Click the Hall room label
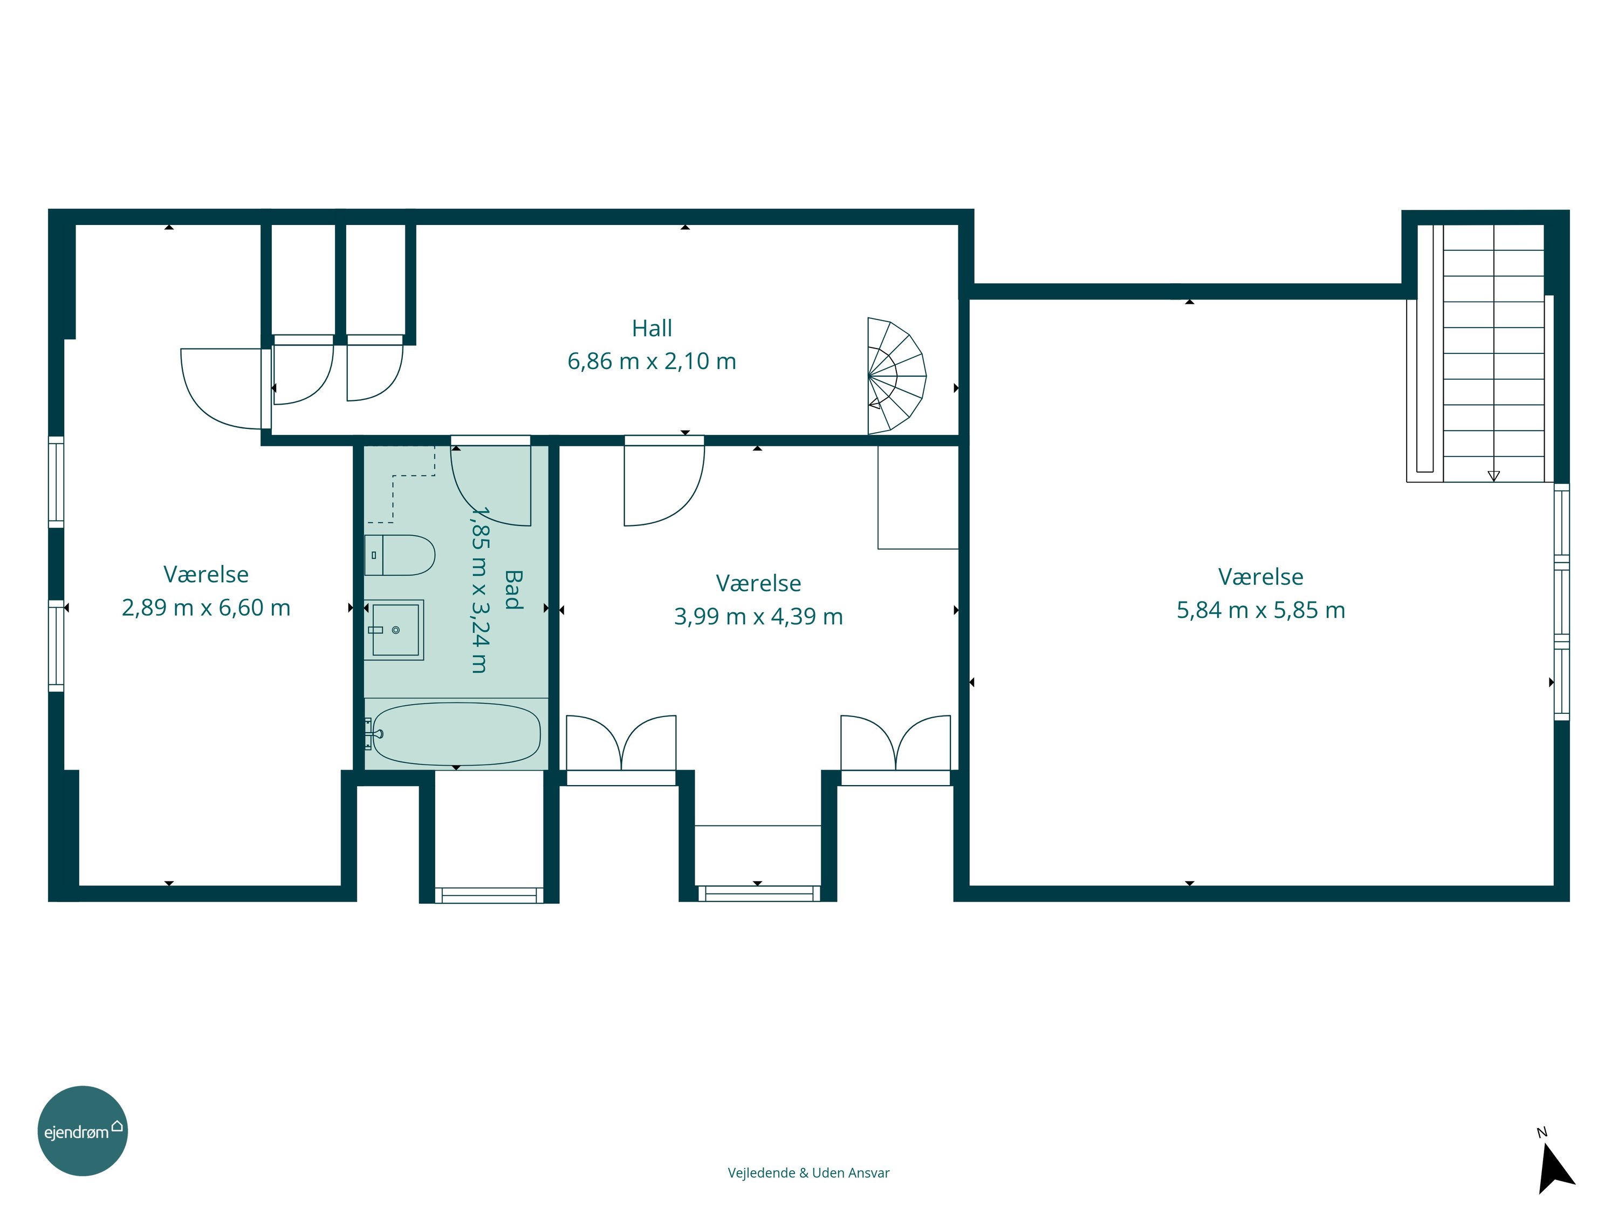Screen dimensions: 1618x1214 tap(652, 329)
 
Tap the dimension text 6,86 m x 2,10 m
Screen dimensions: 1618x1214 tap(652, 362)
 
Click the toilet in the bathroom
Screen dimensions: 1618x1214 tap(400, 555)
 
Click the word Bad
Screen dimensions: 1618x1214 tap(513, 590)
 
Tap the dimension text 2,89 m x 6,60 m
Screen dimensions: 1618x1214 tap(206, 608)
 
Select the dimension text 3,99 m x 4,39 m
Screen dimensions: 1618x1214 tap(758, 617)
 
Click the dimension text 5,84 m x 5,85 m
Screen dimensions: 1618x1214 tap(1261, 610)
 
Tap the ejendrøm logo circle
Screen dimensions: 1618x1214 tap(83, 1130)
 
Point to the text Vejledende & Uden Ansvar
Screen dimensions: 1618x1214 tap(808, 1173)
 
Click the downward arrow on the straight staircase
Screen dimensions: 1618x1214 tap(1493, 476)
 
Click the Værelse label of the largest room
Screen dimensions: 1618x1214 tap(1261, 577)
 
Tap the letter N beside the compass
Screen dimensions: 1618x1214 tap(1542, 1133)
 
